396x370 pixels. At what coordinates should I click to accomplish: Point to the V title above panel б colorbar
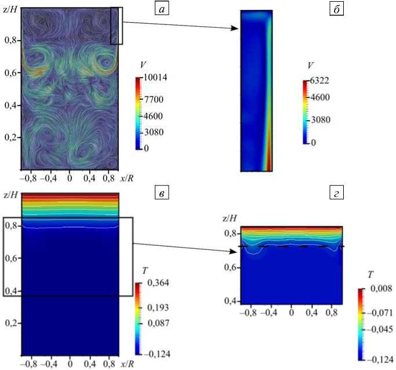pyautogui.click(x=311, y=65)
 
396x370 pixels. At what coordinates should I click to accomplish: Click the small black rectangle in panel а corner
pyautogui.click(x=117, y=26)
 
